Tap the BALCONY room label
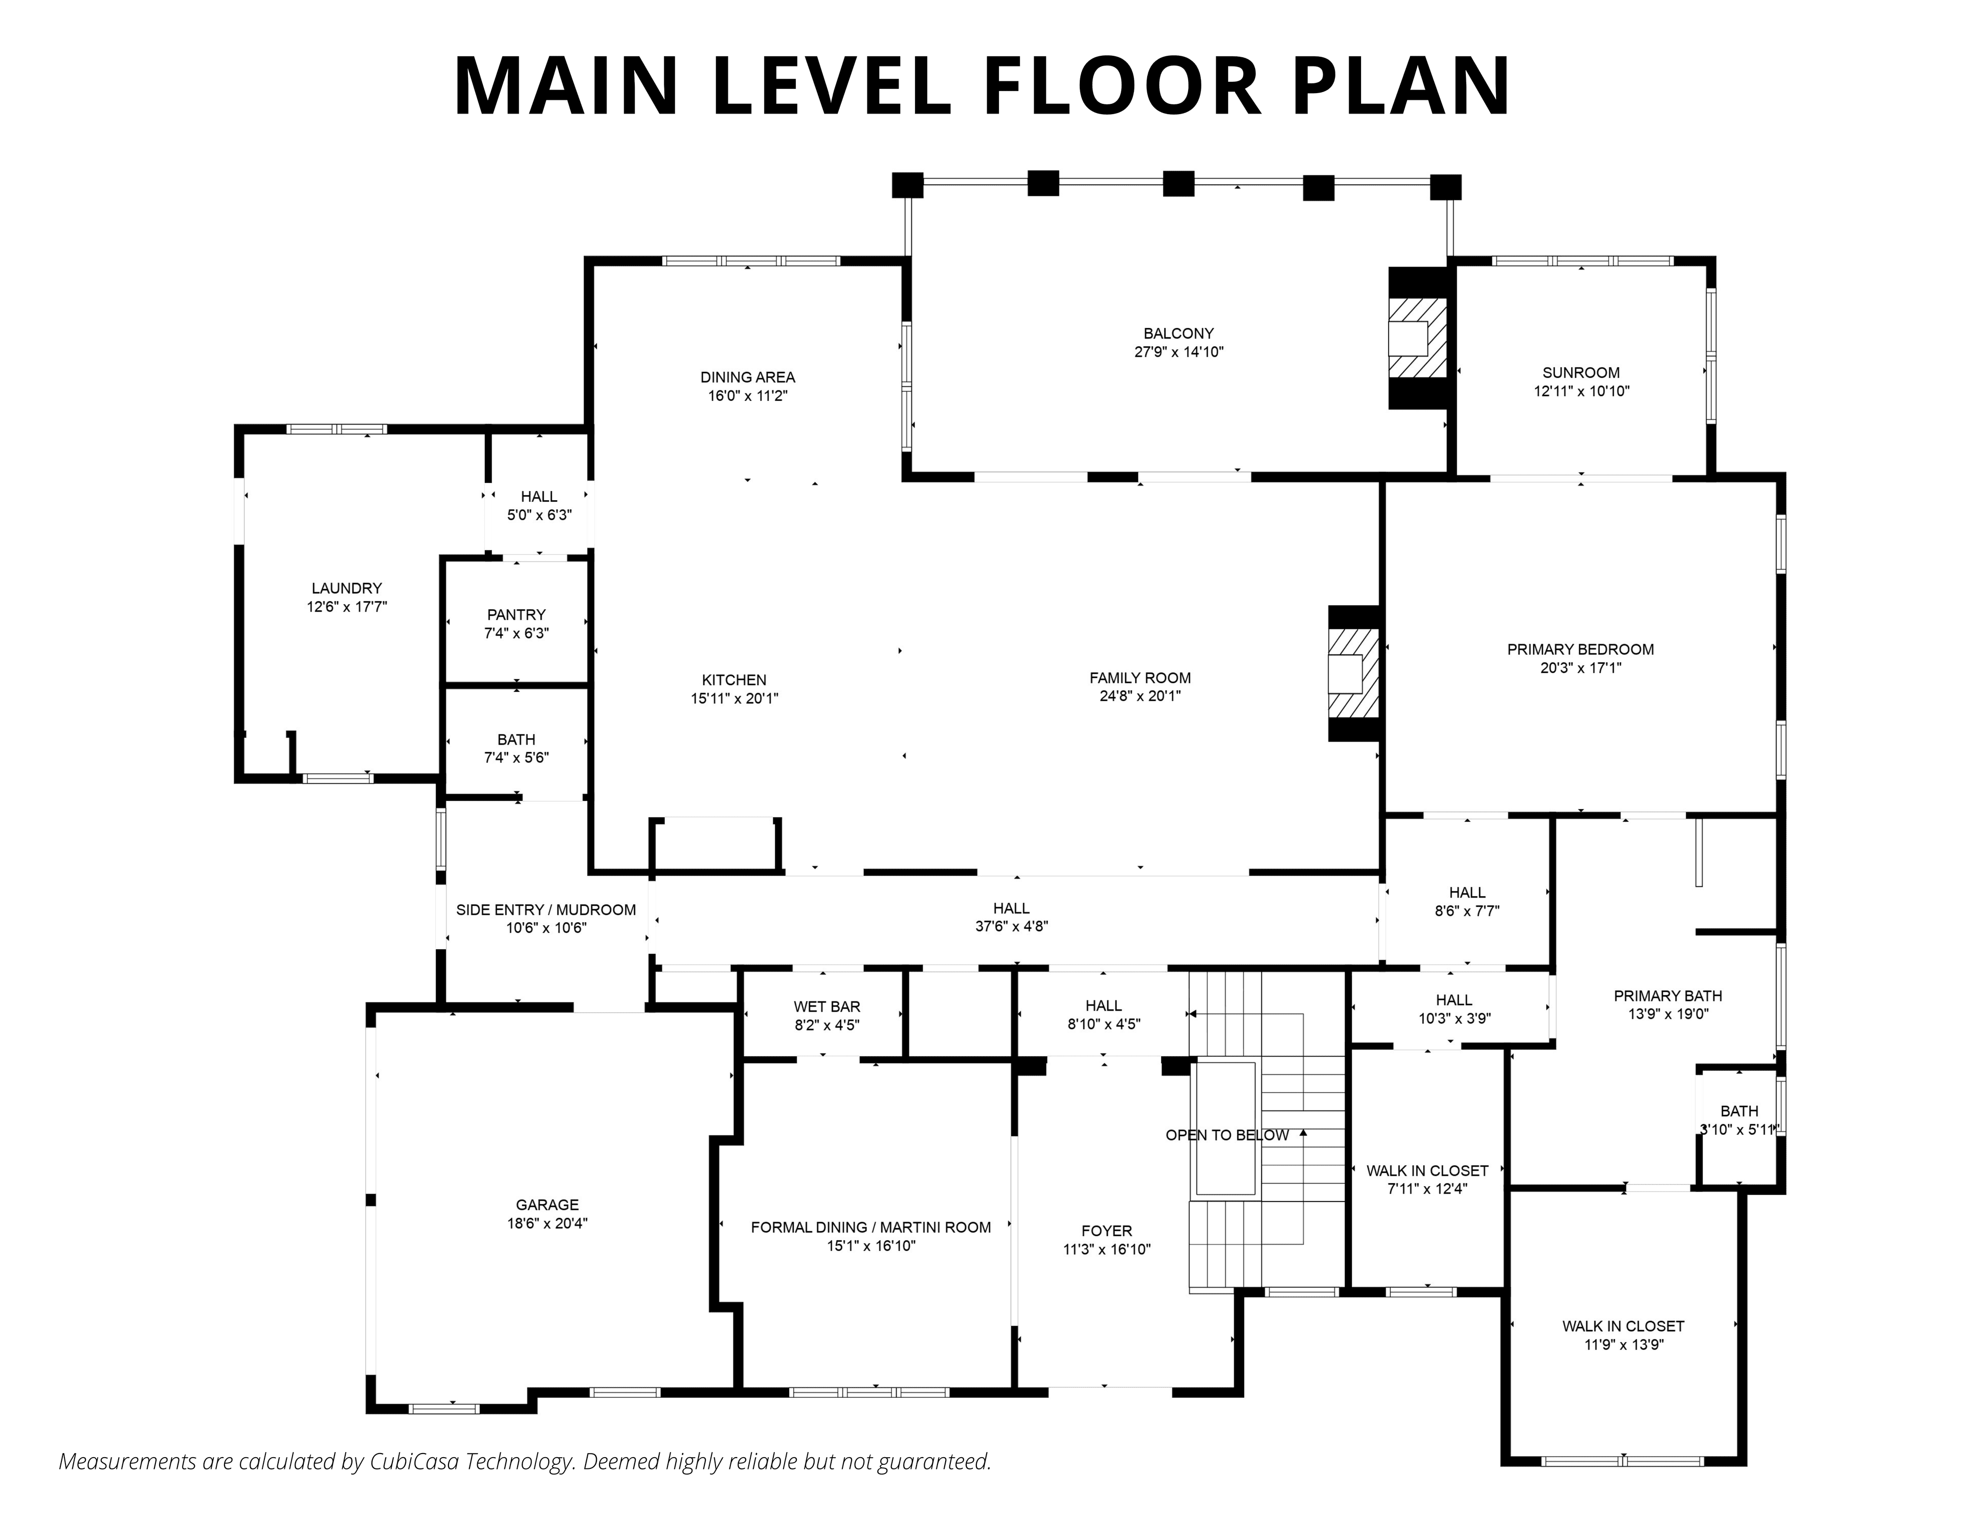point(1178,333)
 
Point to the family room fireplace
point(1354,674)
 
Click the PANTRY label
point(516,615)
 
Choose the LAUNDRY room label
point(346,589)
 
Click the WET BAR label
point(827,1007)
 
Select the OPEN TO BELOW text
point(1226,1136)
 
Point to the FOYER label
point(1106,1231)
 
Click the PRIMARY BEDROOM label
point(1580,649)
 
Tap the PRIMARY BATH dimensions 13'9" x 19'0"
point(1667,1014)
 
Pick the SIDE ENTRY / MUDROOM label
point(546,910)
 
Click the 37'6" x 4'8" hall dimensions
point(1012,926)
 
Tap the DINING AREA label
point(747,377)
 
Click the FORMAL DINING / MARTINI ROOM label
point(871,1227)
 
